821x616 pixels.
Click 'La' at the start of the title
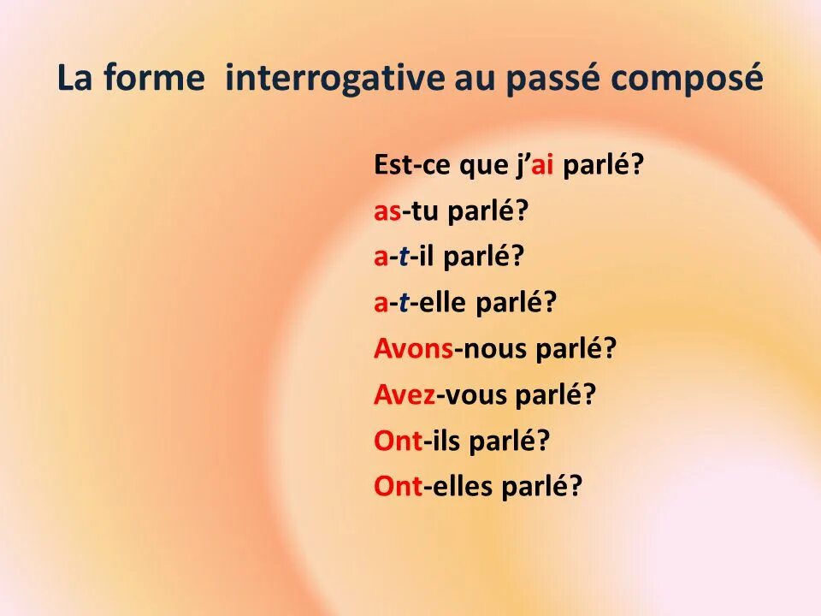tap(75, 79)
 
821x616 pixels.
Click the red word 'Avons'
tap(413, 349)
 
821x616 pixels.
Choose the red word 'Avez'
tap(404, 394)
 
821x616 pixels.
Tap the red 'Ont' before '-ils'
tap(398, 441)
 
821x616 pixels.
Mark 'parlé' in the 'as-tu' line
tap(481, 213)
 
